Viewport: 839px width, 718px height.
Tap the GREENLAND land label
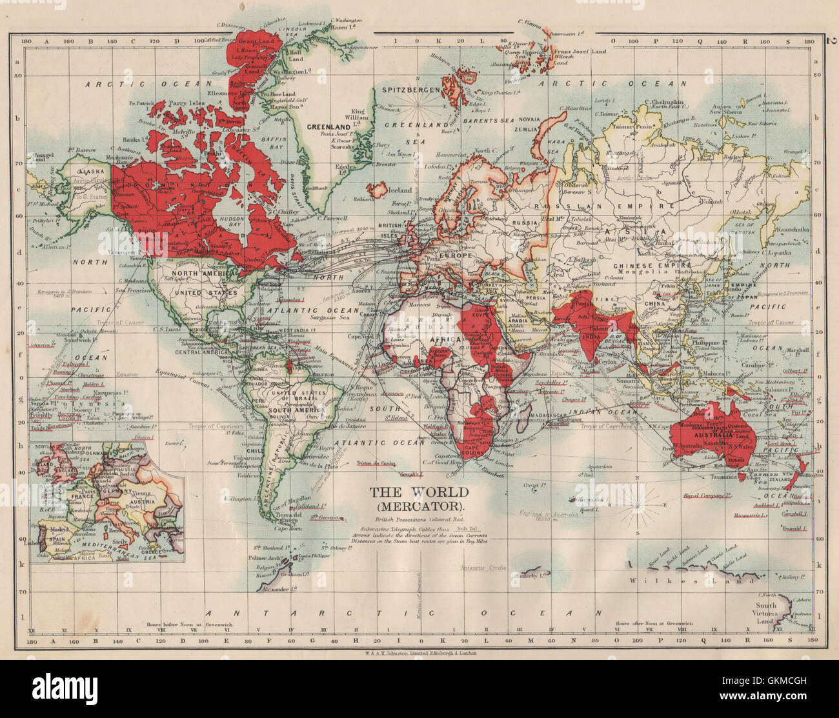click(323, 127)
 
